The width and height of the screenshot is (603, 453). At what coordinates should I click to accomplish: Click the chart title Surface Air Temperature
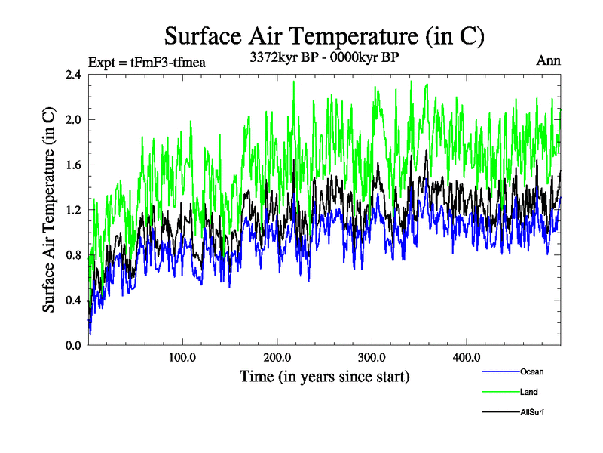324,35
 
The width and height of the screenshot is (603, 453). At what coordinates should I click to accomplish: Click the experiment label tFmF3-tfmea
147,62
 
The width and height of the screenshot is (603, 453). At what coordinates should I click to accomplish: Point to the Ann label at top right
548,60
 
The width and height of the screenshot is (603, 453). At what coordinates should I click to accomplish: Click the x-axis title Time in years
324,376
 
